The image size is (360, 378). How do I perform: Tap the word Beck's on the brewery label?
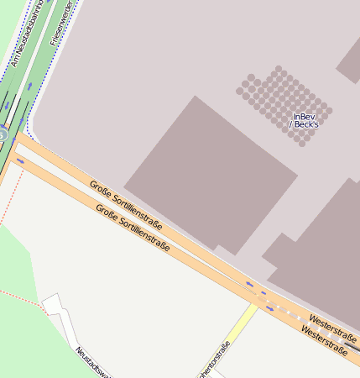tap(306, 124)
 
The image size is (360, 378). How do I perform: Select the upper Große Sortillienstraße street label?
tap(126, 204)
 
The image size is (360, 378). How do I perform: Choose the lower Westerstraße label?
tap(323, 340)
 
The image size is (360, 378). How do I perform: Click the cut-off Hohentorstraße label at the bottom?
tap(214, 361)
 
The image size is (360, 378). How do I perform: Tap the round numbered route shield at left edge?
tap(3, 134)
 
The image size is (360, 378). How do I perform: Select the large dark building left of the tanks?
tap(210, 176)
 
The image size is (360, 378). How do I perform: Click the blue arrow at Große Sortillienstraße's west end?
tap(20, 160)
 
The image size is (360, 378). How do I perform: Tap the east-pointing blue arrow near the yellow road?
tap(269, 307)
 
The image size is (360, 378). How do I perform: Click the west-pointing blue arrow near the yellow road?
tap(250, 285)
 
